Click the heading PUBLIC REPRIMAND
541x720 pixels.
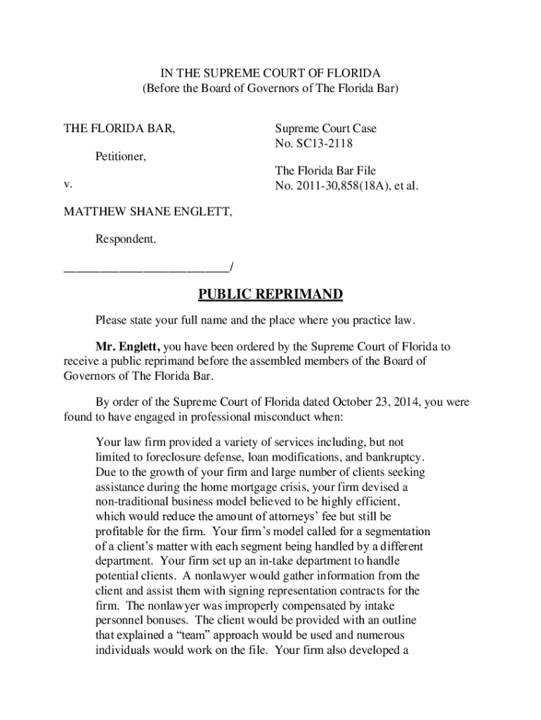pos(270,294)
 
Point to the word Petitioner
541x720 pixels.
pos(121,156)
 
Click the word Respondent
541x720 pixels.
pos(126,239)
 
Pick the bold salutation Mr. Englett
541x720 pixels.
pos(128,347)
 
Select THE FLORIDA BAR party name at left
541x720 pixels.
pos(120,129)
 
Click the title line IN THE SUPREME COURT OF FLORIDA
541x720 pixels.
pos(270,73)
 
